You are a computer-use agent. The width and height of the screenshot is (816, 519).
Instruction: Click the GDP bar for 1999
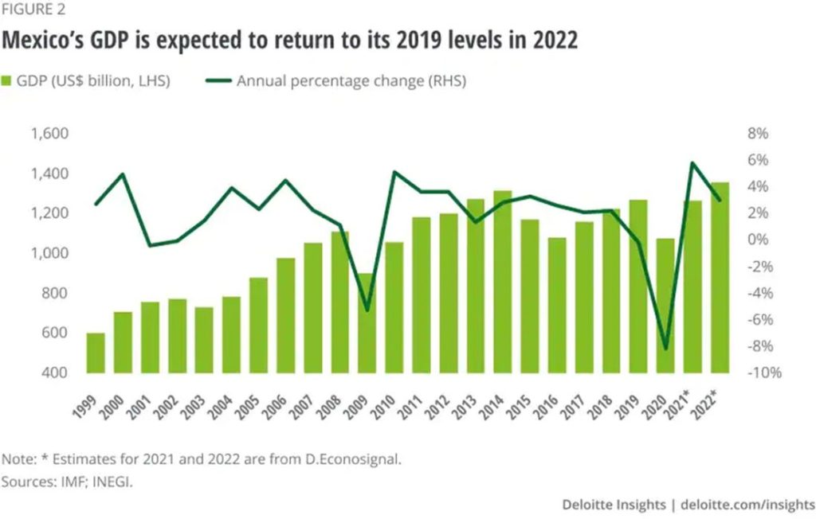pyautogui.click(x=96, y=353)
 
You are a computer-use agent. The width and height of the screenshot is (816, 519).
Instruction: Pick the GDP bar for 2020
pyautogui.click(x=665, y=305)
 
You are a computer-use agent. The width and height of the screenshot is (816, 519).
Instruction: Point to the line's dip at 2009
pyautogui.click(x=367, y=310)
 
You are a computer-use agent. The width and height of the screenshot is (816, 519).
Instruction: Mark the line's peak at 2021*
pyautogui.click(x=692, y=163)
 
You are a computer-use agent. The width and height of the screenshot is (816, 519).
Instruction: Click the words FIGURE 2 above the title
pyautogui.click(x=33, y=10)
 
